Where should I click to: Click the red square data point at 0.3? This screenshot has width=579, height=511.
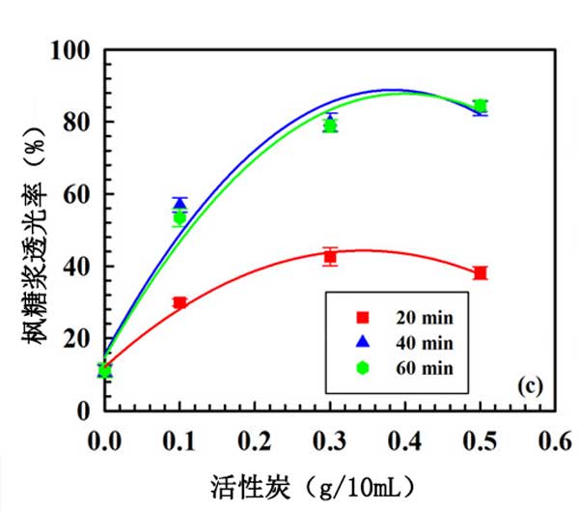point(330,257)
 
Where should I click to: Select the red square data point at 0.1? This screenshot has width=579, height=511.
point(179,303)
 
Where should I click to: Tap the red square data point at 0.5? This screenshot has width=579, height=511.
point(481,273)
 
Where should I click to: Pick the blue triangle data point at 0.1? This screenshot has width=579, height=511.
point(179,203)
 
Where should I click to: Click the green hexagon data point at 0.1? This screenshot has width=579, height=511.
point(179,218)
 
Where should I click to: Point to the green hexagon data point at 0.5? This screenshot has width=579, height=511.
point(481,106)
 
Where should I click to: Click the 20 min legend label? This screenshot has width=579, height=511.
point(425,317)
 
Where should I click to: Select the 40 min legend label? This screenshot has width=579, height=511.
point(425,342)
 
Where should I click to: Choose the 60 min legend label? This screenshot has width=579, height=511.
point(425,367)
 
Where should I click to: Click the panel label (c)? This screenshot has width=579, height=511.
point(530,386)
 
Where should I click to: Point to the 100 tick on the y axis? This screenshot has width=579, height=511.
point(75,50)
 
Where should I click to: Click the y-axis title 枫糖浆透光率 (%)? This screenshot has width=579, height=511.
point(33,229)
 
